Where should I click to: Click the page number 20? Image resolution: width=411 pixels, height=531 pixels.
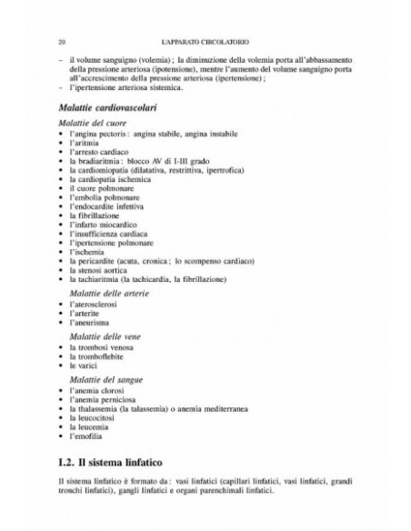pyautogui.click(x=59, y=42)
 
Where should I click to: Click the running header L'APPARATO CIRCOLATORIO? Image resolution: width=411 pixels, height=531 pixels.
pyautogui.click(x=205, y=42)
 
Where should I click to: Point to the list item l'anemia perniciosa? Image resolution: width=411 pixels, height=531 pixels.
pyautogui.click(x=101, y=398)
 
